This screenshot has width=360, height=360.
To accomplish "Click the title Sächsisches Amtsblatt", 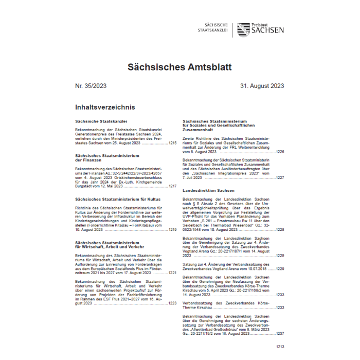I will [x=179, y=67].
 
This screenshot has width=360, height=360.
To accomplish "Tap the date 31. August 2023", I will [x=262, y=86].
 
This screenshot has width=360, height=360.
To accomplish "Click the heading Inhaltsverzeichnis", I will [x=105, y=107].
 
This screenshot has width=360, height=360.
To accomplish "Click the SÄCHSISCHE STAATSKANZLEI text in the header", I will [x=213, y=28].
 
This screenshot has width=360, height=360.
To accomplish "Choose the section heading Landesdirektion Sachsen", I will [x=208, y=190].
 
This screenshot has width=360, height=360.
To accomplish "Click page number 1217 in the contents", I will [x=172, y=186].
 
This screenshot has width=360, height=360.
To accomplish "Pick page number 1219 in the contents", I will [x=172, y=229].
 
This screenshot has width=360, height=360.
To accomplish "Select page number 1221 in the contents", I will [x=172, y=273].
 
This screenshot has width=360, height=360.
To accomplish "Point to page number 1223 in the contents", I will [x=172, y=303].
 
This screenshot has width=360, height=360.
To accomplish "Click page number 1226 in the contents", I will [x=280, y=152].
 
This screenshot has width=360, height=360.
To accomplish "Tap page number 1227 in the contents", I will [x=280, y=177].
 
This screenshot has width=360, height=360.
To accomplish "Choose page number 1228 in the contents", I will [x=280, y=229].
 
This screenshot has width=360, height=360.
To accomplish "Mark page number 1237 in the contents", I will [x=280, y=333].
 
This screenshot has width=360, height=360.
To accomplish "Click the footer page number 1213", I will [x=279, y=348].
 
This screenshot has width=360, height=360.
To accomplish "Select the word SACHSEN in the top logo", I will [x=267, y=30].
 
